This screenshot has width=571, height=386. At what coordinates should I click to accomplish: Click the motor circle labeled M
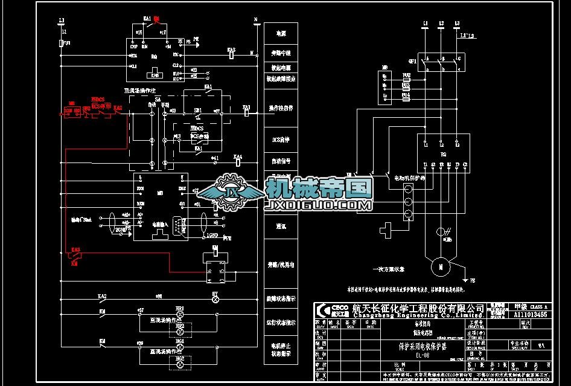pyautogui.click(x=441, y=266)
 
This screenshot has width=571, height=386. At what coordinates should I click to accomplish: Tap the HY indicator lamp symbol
pyautogui.click(x=214, y=297)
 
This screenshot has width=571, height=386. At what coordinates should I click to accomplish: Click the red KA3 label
pyautogui.click(x=75, y=249)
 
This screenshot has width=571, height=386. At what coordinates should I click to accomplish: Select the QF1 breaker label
pyautogui.click(x=412, y=61)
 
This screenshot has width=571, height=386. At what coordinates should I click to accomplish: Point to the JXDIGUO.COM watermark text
pyautogui.click(x=319, y=206)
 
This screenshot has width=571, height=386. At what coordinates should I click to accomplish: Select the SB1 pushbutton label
pyautogui.click(x=197, y=111)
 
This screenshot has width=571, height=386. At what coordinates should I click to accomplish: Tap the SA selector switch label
pyautogui.click(x=158, y=99)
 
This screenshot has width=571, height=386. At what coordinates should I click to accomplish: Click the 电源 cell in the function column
pyautogui.click(x=281, y=33)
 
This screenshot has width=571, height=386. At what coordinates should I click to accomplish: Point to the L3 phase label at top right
pyautogui.click(x=456, y=24)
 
